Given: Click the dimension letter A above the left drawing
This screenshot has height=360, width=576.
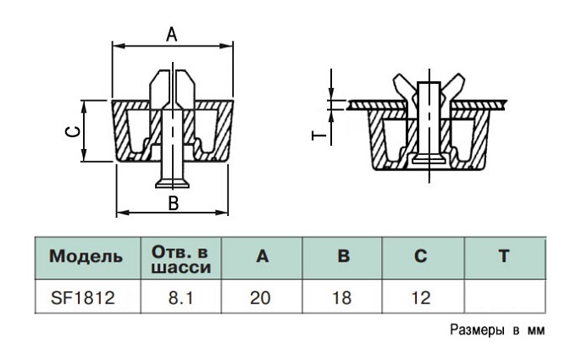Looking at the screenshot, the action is (x=172, y=35).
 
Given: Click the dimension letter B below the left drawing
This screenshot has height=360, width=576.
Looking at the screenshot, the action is (x=174, y=203).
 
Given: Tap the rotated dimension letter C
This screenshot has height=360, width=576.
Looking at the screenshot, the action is (x=73, y=131).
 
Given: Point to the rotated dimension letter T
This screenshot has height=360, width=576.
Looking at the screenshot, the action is (x=318, y=136).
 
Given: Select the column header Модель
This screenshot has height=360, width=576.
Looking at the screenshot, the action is (x=86, y=256).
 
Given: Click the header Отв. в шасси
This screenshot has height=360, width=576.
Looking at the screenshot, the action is (x=180, y=260).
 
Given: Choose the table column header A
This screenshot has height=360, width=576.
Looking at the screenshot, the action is (x=263, y=256).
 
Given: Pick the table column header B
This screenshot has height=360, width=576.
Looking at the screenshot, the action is (x=343, y=256).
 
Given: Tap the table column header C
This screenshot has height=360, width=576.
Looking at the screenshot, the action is (x=421, y=256).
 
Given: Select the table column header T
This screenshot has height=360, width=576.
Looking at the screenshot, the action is (x=504, y=256).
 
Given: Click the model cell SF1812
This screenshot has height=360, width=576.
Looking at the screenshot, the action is (x=83, y=297).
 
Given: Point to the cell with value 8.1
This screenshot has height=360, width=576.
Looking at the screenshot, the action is (x=180, y=297).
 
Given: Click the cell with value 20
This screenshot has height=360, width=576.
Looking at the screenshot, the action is (x=260, y=297).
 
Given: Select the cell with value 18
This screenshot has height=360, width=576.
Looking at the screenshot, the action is (x=341, y=297).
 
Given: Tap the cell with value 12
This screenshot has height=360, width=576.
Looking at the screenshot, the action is (x=421, y=297).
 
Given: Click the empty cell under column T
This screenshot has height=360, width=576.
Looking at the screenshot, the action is (x=505, y=296).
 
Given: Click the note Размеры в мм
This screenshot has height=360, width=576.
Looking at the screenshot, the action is (x=497, y=330).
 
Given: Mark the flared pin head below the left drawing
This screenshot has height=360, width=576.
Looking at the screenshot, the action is (x=172, y=183).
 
